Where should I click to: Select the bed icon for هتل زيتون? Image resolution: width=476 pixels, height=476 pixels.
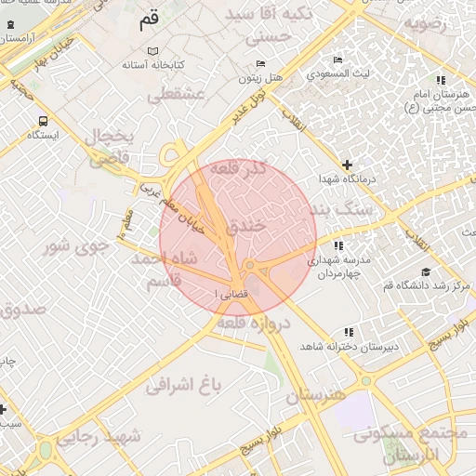(x=259, y=63)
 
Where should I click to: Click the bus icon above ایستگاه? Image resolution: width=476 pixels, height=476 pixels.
(x=43, y=121)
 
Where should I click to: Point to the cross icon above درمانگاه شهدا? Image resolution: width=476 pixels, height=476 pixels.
(x=348, y=164)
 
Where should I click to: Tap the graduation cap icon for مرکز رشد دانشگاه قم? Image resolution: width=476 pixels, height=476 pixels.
(x=427, y=271)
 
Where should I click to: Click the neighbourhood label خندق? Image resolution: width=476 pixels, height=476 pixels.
(x=245, y=225)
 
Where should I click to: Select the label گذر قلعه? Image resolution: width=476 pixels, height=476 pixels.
(x=239, y=171)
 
